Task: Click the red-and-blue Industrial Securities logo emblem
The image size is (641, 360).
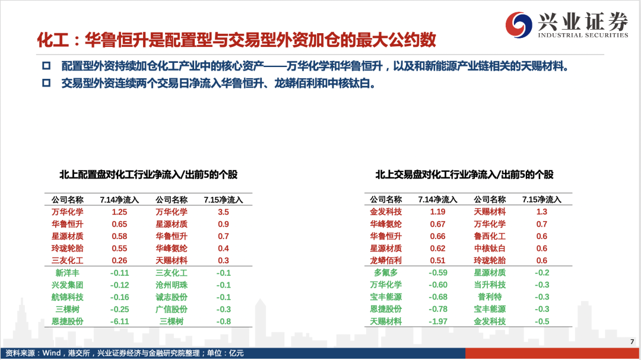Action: [518, 24]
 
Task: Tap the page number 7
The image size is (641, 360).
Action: [632, 342]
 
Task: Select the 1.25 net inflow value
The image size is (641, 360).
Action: [119, 212]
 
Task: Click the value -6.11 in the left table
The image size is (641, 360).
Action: [119, 321]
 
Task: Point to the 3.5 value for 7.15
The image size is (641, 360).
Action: [223, 212]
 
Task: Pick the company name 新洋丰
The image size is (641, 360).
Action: [68, 273]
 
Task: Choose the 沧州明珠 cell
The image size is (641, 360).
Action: [172, 285]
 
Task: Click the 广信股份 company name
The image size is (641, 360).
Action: [172, 310]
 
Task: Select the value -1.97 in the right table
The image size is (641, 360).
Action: [438, 321]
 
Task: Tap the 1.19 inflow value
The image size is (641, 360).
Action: [437, 212]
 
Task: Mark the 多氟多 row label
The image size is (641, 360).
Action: [386, 273]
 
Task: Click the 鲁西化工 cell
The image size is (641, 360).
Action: [490, 236]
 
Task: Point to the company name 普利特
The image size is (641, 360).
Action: [490, 297]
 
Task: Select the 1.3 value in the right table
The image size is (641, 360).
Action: [542, 212]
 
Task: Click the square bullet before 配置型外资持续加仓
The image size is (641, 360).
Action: [46, 66]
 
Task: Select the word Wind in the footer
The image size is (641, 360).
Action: [52, 353]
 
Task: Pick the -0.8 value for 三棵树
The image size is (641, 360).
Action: [223, 321]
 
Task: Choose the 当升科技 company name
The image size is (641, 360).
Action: [490, 285]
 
